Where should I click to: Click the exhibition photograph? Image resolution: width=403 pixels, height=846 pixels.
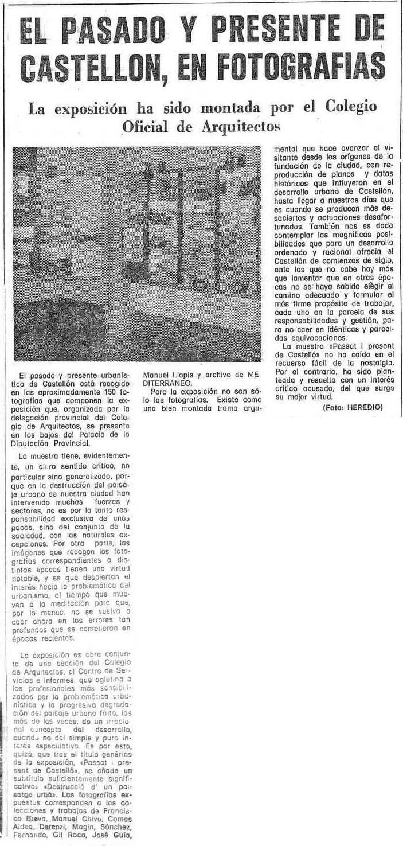137,254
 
